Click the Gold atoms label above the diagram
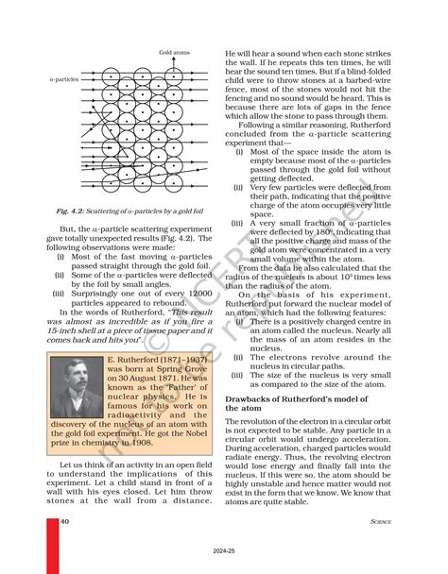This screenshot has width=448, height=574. [174, 52]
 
